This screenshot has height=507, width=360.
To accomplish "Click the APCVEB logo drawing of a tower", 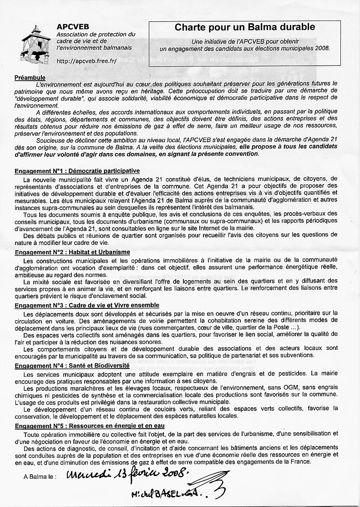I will pos(35,45).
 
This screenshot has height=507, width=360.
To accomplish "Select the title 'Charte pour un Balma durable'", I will pos(244,27).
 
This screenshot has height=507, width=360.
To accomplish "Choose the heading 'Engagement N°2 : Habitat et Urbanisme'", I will pos(72,252).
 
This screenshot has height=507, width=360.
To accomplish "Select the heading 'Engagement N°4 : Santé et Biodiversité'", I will pos(72,365).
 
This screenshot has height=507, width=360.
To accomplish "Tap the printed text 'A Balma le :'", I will pos(40,477).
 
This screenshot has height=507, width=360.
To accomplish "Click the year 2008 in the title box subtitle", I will pos(322,47).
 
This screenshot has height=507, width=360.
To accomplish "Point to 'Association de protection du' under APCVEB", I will pos(96,35).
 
